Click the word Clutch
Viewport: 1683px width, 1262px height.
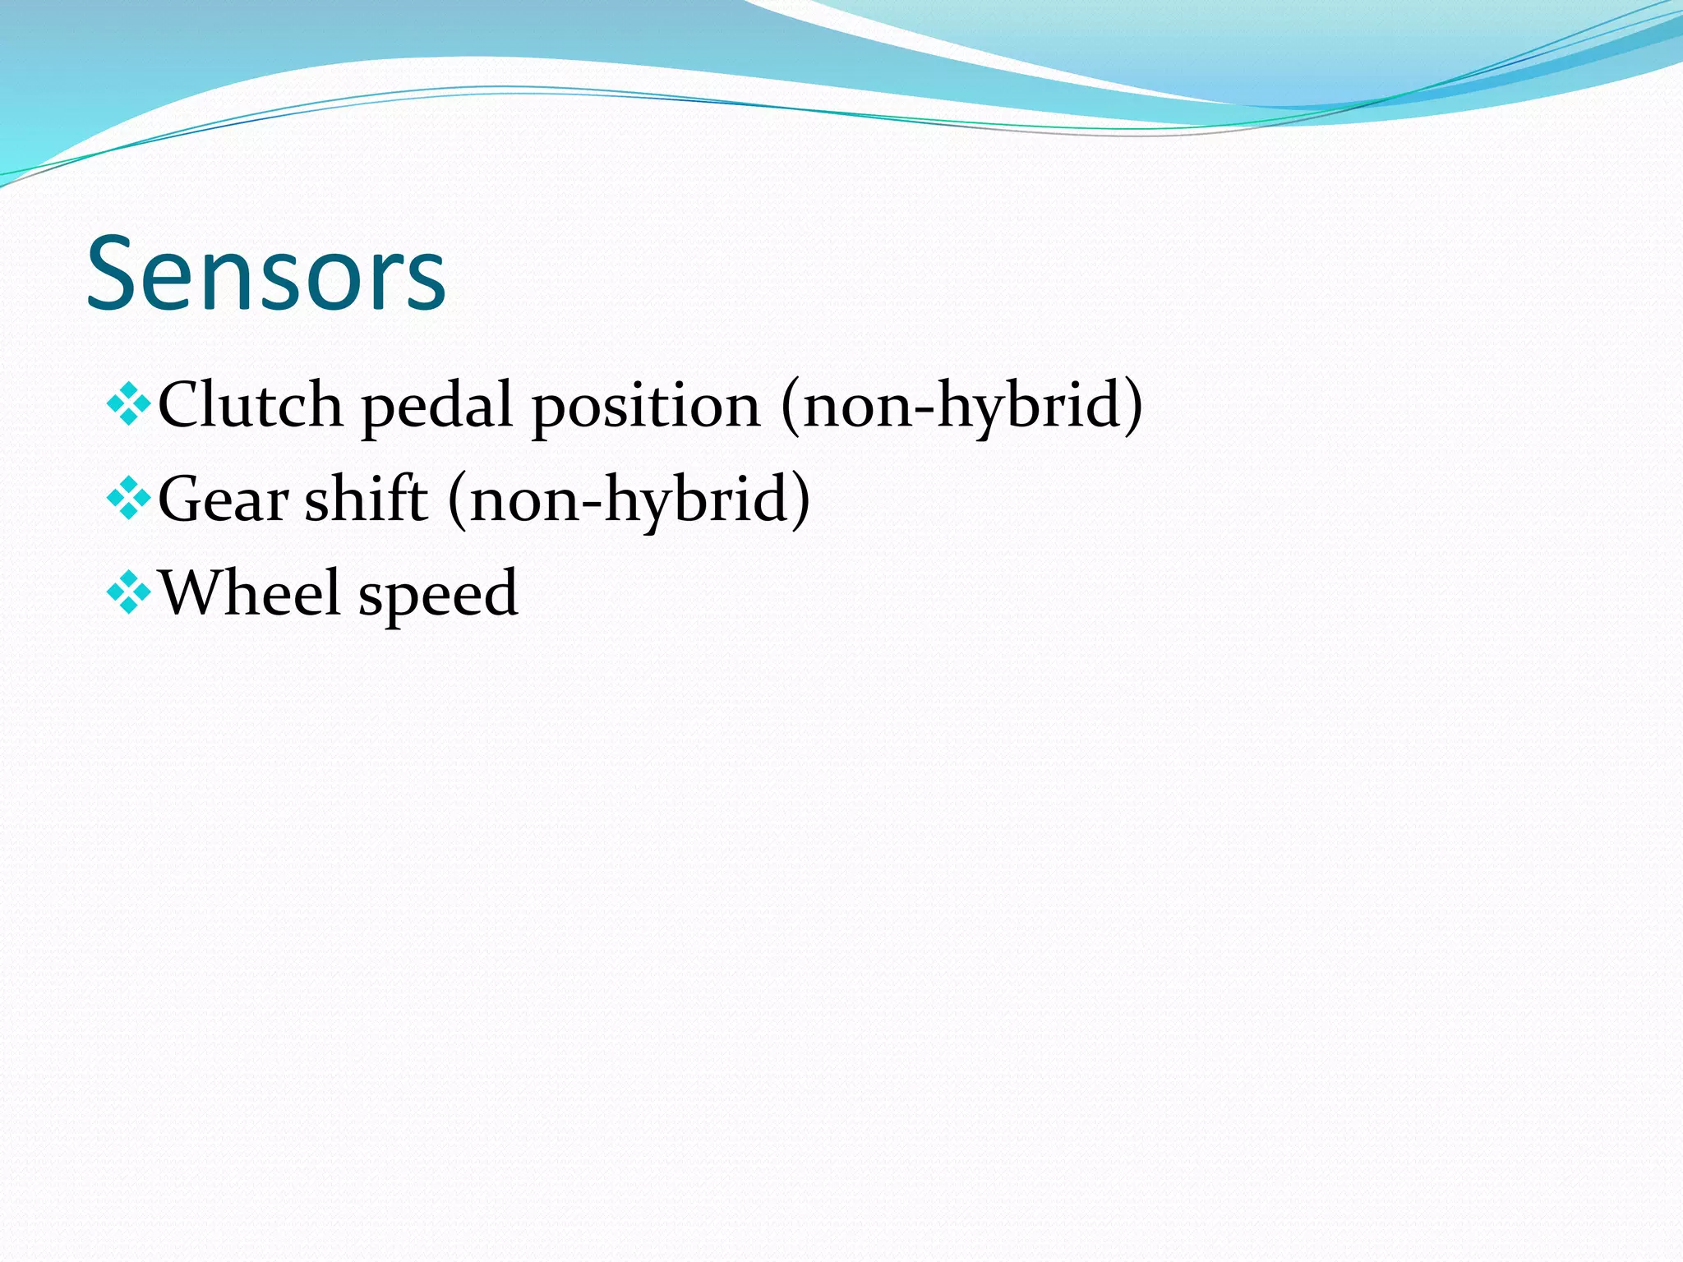click(250, 404)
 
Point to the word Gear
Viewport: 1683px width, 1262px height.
click(223, 499)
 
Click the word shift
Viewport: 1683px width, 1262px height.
click(366, 498)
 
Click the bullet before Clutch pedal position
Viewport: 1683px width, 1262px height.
click(129, 404)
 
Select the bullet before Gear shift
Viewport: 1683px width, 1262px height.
click(129, 498)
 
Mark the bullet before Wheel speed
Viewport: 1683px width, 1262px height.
click(129, 592)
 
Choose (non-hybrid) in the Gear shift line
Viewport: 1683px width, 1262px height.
click(629, 500)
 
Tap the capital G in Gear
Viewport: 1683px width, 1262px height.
click(182, 499)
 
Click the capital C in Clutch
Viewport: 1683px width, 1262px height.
click(181, 404)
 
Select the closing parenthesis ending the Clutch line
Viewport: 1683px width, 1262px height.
click(1133, 406)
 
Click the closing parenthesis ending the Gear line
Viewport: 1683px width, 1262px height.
click(800, 500)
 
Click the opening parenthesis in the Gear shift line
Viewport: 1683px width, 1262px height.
click(457, 500)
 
